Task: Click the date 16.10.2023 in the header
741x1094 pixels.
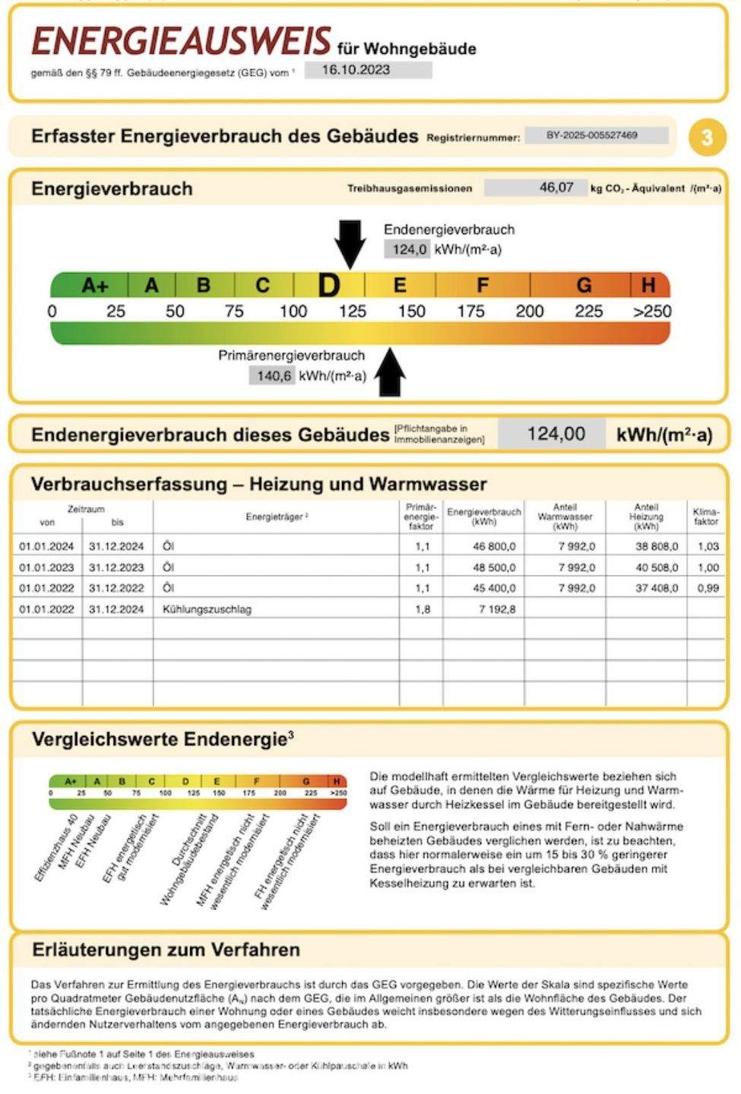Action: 356,70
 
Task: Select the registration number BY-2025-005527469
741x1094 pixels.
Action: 592,135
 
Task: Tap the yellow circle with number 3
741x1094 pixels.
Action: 707,138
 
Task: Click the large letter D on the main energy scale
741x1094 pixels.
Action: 328,286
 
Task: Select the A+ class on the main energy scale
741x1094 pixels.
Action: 96,286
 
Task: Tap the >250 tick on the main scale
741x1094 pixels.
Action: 652,311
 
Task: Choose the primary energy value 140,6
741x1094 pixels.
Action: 274,375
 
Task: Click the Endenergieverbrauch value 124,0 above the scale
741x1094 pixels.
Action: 410,249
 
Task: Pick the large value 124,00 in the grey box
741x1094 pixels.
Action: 556,434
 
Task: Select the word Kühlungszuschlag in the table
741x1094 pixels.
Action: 207,609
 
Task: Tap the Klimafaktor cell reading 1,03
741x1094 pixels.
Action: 708,546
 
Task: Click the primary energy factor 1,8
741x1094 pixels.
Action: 423,609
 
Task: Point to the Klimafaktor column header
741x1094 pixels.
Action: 706,517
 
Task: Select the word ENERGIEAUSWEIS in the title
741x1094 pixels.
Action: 181,42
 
